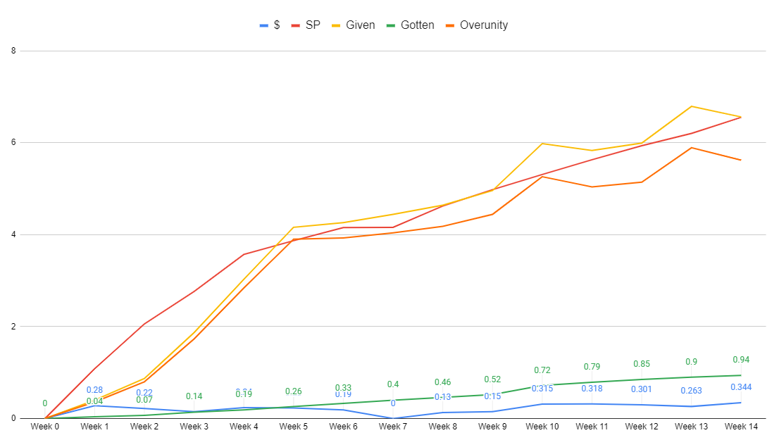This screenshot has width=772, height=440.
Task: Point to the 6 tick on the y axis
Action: point(14,143)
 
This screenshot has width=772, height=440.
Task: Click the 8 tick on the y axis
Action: point(14,51)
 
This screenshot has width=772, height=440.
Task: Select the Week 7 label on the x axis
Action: point(393,427)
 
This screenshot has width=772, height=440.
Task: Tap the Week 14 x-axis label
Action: point(740,427)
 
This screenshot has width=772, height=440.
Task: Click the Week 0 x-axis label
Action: point(44,427)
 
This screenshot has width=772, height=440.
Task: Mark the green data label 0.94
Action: point(741,360)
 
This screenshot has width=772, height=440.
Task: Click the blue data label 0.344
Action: point(740,387)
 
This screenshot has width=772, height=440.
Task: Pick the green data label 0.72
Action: point(542,370)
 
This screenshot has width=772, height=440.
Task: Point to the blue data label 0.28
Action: point(95,390)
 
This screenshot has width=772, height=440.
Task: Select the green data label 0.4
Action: point(393,384)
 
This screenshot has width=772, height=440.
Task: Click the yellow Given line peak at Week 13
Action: point(691,106)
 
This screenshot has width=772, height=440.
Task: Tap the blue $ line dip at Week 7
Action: point(393,418)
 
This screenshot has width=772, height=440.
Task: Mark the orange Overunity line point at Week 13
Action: point(691,148)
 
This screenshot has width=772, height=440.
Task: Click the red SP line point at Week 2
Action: point(144,324)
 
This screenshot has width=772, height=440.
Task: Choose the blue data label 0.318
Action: point(592,389)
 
